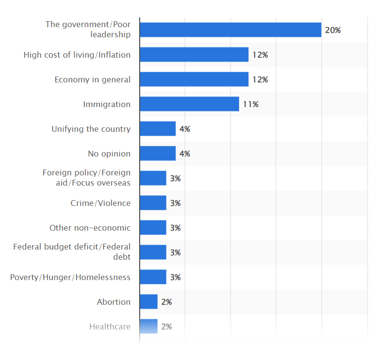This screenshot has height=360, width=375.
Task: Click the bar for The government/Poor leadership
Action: coord(230,30)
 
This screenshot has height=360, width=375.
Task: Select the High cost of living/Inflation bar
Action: coord(194,55)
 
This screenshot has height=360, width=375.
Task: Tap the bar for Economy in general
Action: coord(194,79)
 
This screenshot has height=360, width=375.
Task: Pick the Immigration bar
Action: coord(189,104)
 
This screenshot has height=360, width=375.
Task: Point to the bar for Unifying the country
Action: coord(158,129)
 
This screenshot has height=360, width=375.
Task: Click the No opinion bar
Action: coord(158,154)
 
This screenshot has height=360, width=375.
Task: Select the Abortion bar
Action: coord(148,302)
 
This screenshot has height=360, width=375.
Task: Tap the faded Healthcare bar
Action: coord(148,327)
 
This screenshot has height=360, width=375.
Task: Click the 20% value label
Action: coord(333,30)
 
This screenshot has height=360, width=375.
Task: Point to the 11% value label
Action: coord(251,104)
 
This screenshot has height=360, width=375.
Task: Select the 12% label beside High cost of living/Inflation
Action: coord(260,55)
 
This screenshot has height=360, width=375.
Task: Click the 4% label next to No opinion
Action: coord(184,154)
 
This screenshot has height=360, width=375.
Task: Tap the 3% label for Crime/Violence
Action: coord(175,203)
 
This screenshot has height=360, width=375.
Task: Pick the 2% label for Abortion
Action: coord(166,302)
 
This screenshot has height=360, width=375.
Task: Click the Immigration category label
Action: coord(107,104)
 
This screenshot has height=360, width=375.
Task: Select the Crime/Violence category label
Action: coord(100,203)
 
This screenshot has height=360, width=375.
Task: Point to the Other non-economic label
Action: coord(90,228)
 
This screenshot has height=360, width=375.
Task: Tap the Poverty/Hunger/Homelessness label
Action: coord(70,277)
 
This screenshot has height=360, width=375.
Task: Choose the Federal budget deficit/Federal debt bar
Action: coord(153,252)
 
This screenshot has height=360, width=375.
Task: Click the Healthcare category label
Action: coord(110,327)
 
